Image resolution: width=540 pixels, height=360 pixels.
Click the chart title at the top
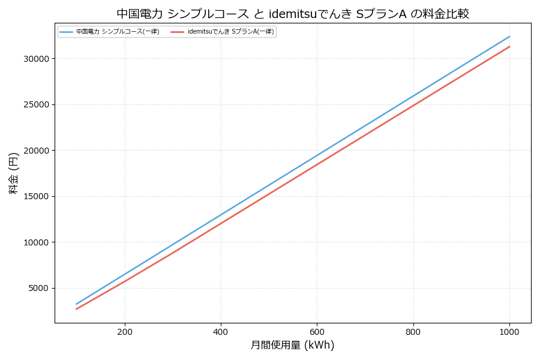coord(293,14)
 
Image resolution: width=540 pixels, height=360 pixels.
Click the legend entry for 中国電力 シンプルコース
coord(118,32)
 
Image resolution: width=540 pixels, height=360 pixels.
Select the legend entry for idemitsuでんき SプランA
coord(230,32)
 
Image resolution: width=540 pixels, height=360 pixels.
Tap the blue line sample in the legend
coord(66,32)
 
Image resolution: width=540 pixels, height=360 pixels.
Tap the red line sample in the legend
coord(178,32)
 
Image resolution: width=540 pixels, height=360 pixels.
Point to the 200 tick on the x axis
coord(125,331)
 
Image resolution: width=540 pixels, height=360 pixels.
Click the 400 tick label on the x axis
coord(221,331)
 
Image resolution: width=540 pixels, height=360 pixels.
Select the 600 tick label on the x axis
coord(317,331)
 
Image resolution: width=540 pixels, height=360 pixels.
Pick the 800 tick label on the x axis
coord(413,331)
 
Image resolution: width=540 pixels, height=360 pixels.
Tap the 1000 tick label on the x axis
coord(509,331)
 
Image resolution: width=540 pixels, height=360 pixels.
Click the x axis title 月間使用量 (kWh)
coord(292,346)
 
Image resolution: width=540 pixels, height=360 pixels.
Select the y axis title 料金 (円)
coord(13,173)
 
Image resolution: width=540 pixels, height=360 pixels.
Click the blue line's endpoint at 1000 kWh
coord(509,36)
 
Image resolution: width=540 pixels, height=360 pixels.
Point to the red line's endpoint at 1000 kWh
coord(509,46)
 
